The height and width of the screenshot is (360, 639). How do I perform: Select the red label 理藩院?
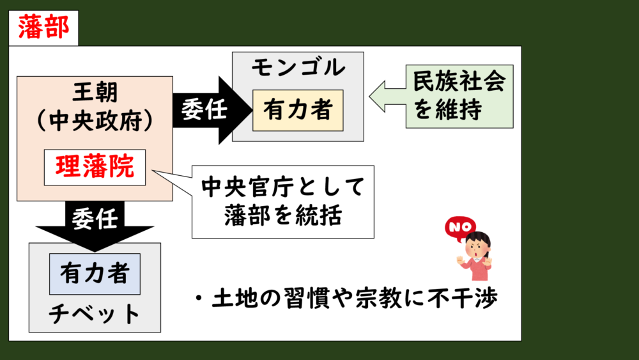(95, 167)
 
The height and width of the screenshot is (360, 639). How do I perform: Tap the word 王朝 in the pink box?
(95, 94)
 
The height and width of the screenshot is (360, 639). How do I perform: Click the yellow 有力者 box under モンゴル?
(298, 110)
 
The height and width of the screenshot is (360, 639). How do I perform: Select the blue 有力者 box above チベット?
(95, 274)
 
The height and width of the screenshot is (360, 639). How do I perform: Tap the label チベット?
(95, 313)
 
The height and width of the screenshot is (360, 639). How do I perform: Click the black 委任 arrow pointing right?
(204, 110)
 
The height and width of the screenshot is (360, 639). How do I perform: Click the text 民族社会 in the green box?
(459, 81)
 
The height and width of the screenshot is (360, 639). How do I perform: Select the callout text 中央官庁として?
(282, 187)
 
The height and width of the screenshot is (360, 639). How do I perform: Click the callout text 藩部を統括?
(282, 216)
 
